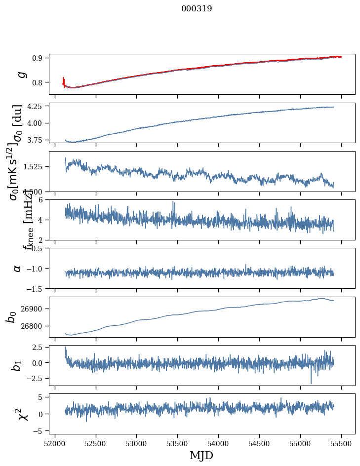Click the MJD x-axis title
click(201, 455)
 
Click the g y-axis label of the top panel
click(21, 74)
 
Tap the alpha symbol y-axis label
click(17, 268)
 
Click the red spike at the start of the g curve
click(64, 80)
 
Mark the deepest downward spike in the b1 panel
click(311, 383)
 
